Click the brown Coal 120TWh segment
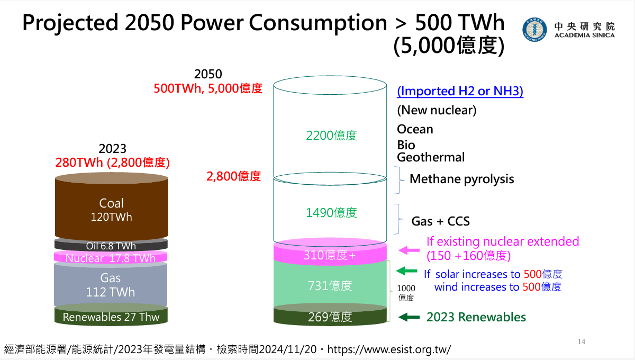(112, 210)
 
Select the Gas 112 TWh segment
(111, 285)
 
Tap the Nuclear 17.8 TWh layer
(111, 258)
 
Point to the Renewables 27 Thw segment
(111, 317)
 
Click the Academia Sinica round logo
(535, 30)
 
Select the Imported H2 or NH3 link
(460, 91)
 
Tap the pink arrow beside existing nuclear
(409, 250)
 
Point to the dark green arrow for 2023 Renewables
(409, 317)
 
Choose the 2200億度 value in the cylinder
(331, 136)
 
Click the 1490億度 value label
(331, 213)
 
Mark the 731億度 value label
(330, 286)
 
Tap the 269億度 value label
(330, 317)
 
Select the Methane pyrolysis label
(461, 179)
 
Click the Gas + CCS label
(441, 221)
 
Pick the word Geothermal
(431, 157)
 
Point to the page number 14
(582, 341)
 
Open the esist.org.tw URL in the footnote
(389, 349)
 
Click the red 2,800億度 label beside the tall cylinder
(233, 176)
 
